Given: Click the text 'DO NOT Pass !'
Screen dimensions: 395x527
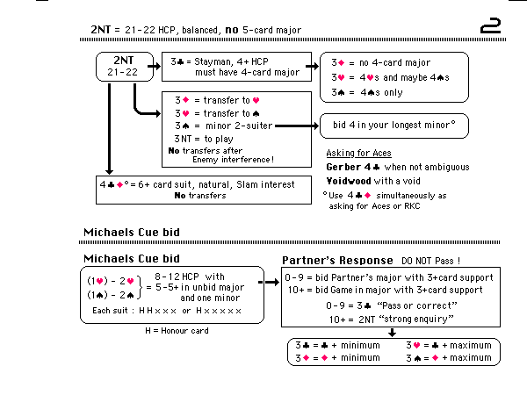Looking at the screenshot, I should coord(430,262).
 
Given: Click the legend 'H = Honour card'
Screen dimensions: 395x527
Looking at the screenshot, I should coord(176,330).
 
